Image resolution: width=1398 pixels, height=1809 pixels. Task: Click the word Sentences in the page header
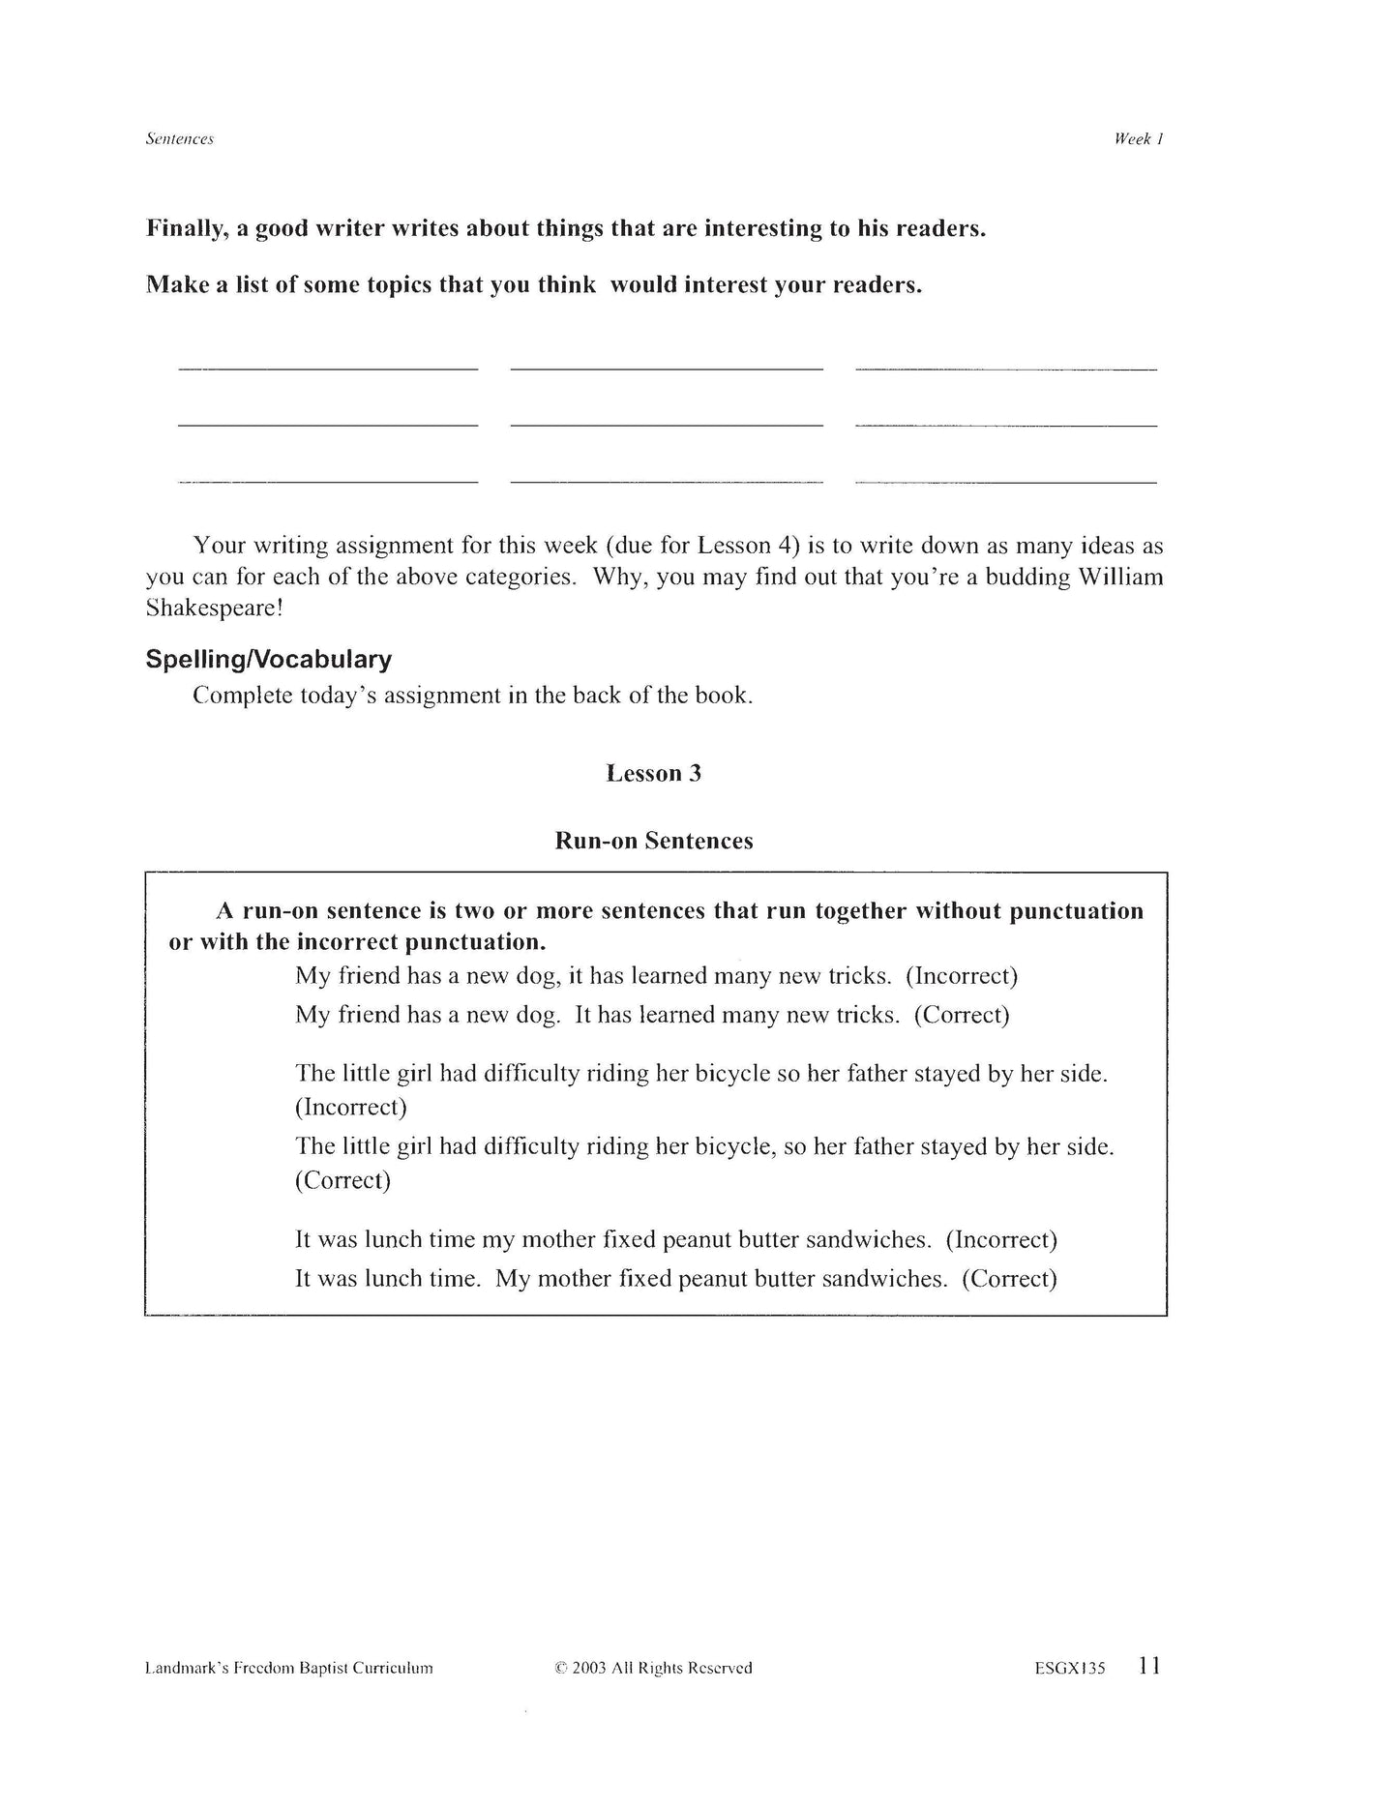pyautogui.click(x=179, y=139)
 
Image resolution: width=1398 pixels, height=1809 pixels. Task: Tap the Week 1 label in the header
pyautogui.click(x=1138, y=139)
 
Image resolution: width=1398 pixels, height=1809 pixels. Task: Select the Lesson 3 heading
pyautogui.click(x=653, y=773)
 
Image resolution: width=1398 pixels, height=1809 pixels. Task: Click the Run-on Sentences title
pyautogui.click(x=653, y=841)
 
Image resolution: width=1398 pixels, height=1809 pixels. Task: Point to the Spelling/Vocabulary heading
pyautogui.click(x=268, y=660)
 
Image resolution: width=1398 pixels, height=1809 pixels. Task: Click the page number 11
pyautogui.click(x=1149, y=1666)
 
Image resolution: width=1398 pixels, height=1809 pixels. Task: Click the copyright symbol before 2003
pyautogui.click(x=560, y=1668)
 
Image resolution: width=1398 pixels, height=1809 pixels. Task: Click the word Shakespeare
pyautogui.click(x=209, y=608)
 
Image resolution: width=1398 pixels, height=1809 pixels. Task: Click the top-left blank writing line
pyautogui.click(x=328, y=369)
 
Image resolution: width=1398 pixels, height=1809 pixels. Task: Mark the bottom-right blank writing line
pyautogui.click(x=1006, y=482)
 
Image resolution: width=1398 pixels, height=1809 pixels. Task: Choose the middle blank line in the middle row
pyautogui.click(x=666, y=425)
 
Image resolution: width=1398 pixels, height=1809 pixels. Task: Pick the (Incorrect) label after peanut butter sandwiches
pyautogui.click(x=1001, y=1240)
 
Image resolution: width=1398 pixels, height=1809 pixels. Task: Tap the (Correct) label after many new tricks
pyautogui.click(x=962, y=1015)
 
